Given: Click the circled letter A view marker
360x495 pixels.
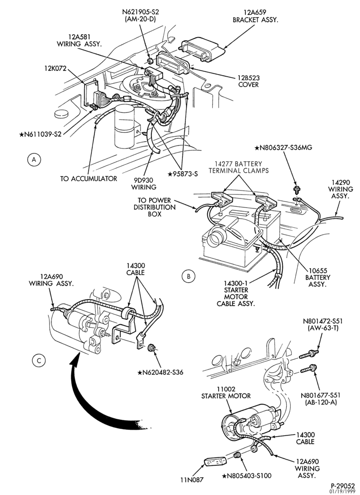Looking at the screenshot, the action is [34, 160].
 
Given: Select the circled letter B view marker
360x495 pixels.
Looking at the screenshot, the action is [188, 276].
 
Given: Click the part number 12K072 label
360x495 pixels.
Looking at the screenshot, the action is [55, 68].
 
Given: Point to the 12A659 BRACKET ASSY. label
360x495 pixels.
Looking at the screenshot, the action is [255, 16].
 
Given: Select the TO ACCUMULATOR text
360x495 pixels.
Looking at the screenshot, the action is [89, 179].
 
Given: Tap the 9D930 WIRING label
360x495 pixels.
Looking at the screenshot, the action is [144, 184].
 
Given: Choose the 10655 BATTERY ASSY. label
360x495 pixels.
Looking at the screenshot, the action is [318, 277].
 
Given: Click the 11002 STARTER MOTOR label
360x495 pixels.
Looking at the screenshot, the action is [226, 393].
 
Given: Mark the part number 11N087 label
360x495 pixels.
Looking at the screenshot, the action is [192, 489].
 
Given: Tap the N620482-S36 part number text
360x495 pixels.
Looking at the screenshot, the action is [160, 373].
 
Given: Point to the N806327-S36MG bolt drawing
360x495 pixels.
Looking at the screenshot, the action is [296, 190].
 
